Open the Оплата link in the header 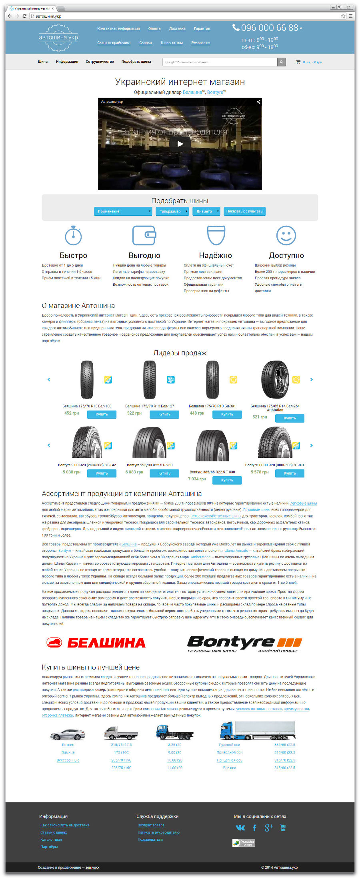pos(154,29)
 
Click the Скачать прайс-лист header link pos(114,43)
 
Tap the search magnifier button pos(282,62)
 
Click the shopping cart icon pos(298,62)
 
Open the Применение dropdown pos(123,211)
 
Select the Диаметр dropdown pos(206,211)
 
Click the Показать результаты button pos(244,211)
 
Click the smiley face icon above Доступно pos(286,235)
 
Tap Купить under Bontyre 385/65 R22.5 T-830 pos(227,480)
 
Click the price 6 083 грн pos(134,472)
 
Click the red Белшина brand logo pos(96,643)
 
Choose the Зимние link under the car pos(68,752)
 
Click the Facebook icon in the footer pos(254,828)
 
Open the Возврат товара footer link pos(151,825)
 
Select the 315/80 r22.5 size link pos(285,768)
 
